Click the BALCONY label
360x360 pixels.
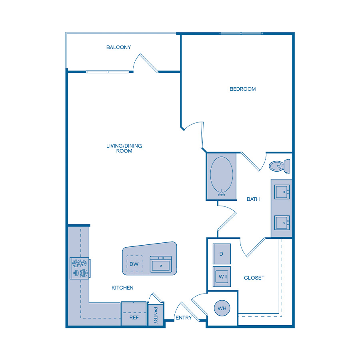click(x=118, y=47)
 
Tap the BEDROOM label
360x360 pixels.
click(x=242, y=89)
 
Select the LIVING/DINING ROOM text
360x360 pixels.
click(x=124, y=148)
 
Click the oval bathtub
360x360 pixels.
click(x=221, y=176)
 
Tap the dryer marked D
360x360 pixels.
click(x=222, y=254)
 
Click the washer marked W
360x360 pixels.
click(x=222, y=276)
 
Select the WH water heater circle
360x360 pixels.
click(x=222, y=308)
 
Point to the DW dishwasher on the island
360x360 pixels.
click(x=134, y=264)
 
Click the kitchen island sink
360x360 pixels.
click(x=160, y=264)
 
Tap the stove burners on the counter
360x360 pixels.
click(x=79, y=268)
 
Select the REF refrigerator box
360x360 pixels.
click(x=134, y=317)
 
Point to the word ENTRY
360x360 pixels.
click(x=184, y=318)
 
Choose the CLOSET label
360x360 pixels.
click(x=254, y=278)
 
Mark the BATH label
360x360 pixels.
click(x=253, y=199)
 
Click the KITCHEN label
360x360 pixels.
click(x=122, y=288)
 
